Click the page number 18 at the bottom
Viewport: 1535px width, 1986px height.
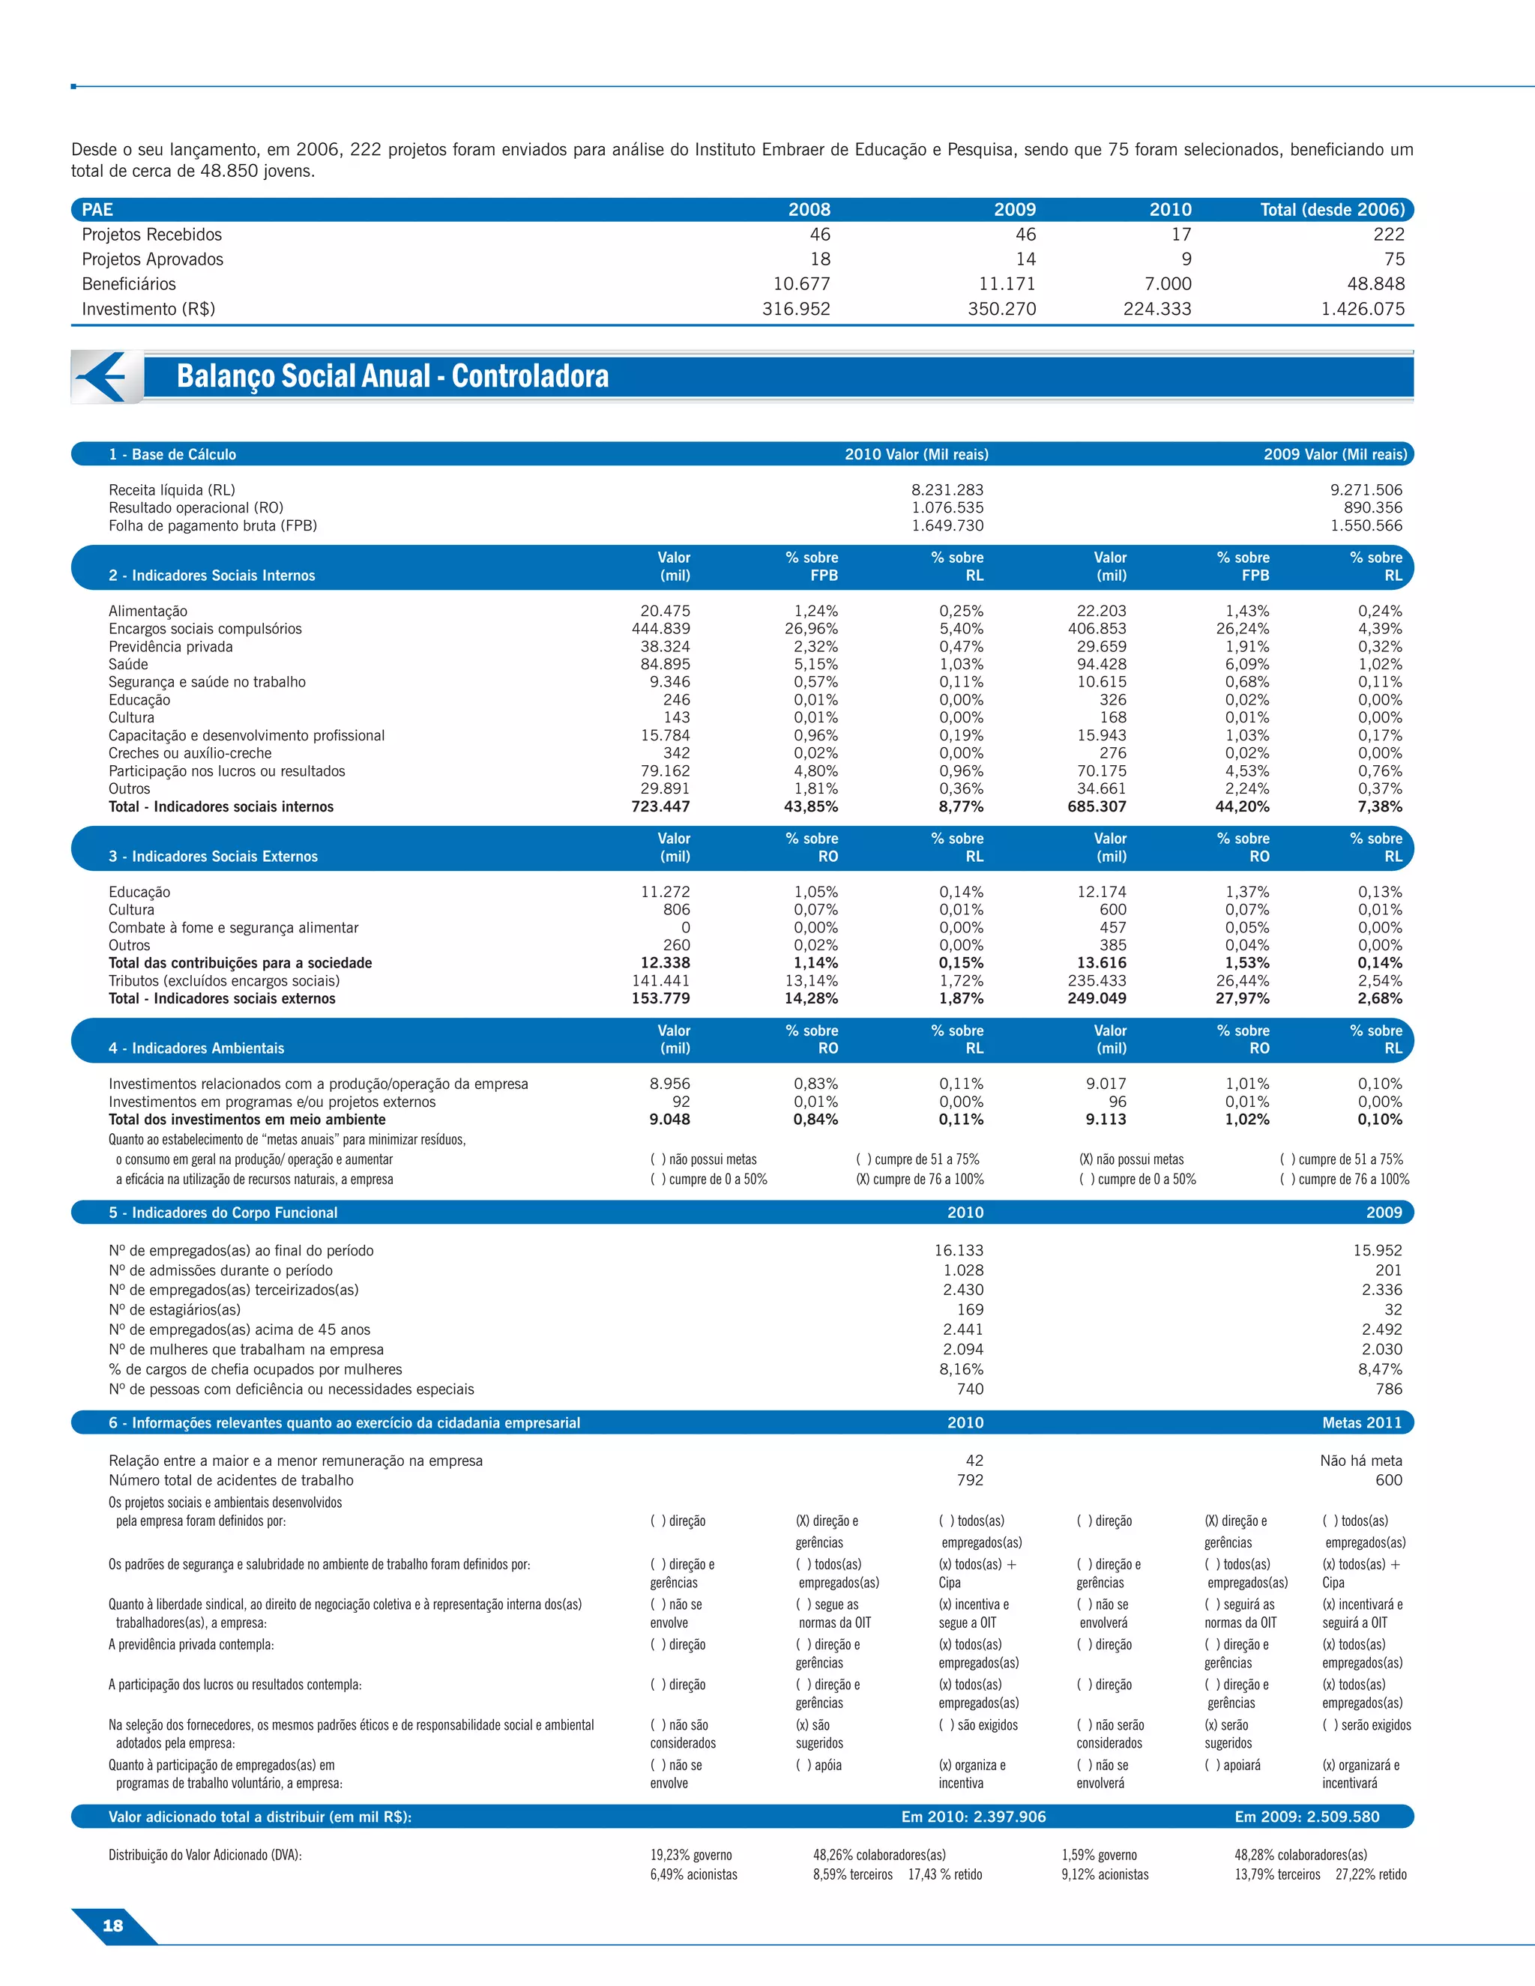point(112,1925)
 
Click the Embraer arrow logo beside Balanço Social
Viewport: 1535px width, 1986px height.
point(106,376)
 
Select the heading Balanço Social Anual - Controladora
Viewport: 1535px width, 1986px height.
point(392,376)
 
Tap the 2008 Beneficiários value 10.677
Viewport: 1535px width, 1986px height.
point(801,284)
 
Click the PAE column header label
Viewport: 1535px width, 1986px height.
point(97,210)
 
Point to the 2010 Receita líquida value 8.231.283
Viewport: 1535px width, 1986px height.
point(947,490)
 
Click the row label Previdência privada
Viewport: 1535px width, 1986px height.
point(170,647)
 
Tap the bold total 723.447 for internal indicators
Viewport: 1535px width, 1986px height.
point(660,806)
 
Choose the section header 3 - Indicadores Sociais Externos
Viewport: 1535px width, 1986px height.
point(213,857)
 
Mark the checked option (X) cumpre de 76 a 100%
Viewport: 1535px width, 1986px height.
point(920,1180)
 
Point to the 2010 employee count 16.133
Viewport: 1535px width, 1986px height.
point(959,1250)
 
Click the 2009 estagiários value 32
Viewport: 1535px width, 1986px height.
point(1393,1309)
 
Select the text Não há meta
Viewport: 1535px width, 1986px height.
point(1360,1461)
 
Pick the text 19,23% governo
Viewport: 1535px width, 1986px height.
point(690,1855)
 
